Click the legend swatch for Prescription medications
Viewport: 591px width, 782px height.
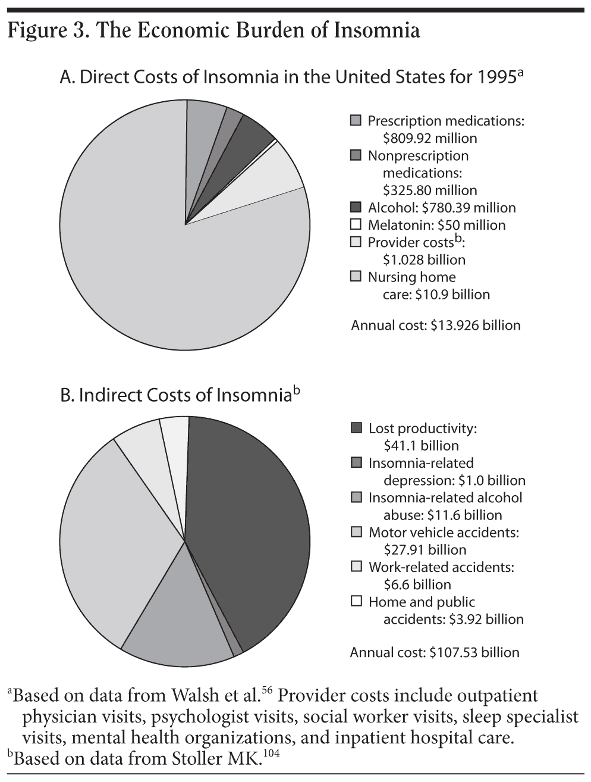coord(356,121)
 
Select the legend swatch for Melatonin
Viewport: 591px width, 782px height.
coord(356,225)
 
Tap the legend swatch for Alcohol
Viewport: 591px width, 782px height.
coord(356,208)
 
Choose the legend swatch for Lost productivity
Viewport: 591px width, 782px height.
coord(356,428)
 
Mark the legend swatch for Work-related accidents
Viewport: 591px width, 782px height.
coord(356,567)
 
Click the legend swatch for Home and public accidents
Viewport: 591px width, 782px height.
coord(356,602)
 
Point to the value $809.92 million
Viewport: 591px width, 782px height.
coord(429,139)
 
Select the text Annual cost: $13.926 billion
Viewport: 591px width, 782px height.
coord(435,326)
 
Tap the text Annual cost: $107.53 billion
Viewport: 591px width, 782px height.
coord(434,653)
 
